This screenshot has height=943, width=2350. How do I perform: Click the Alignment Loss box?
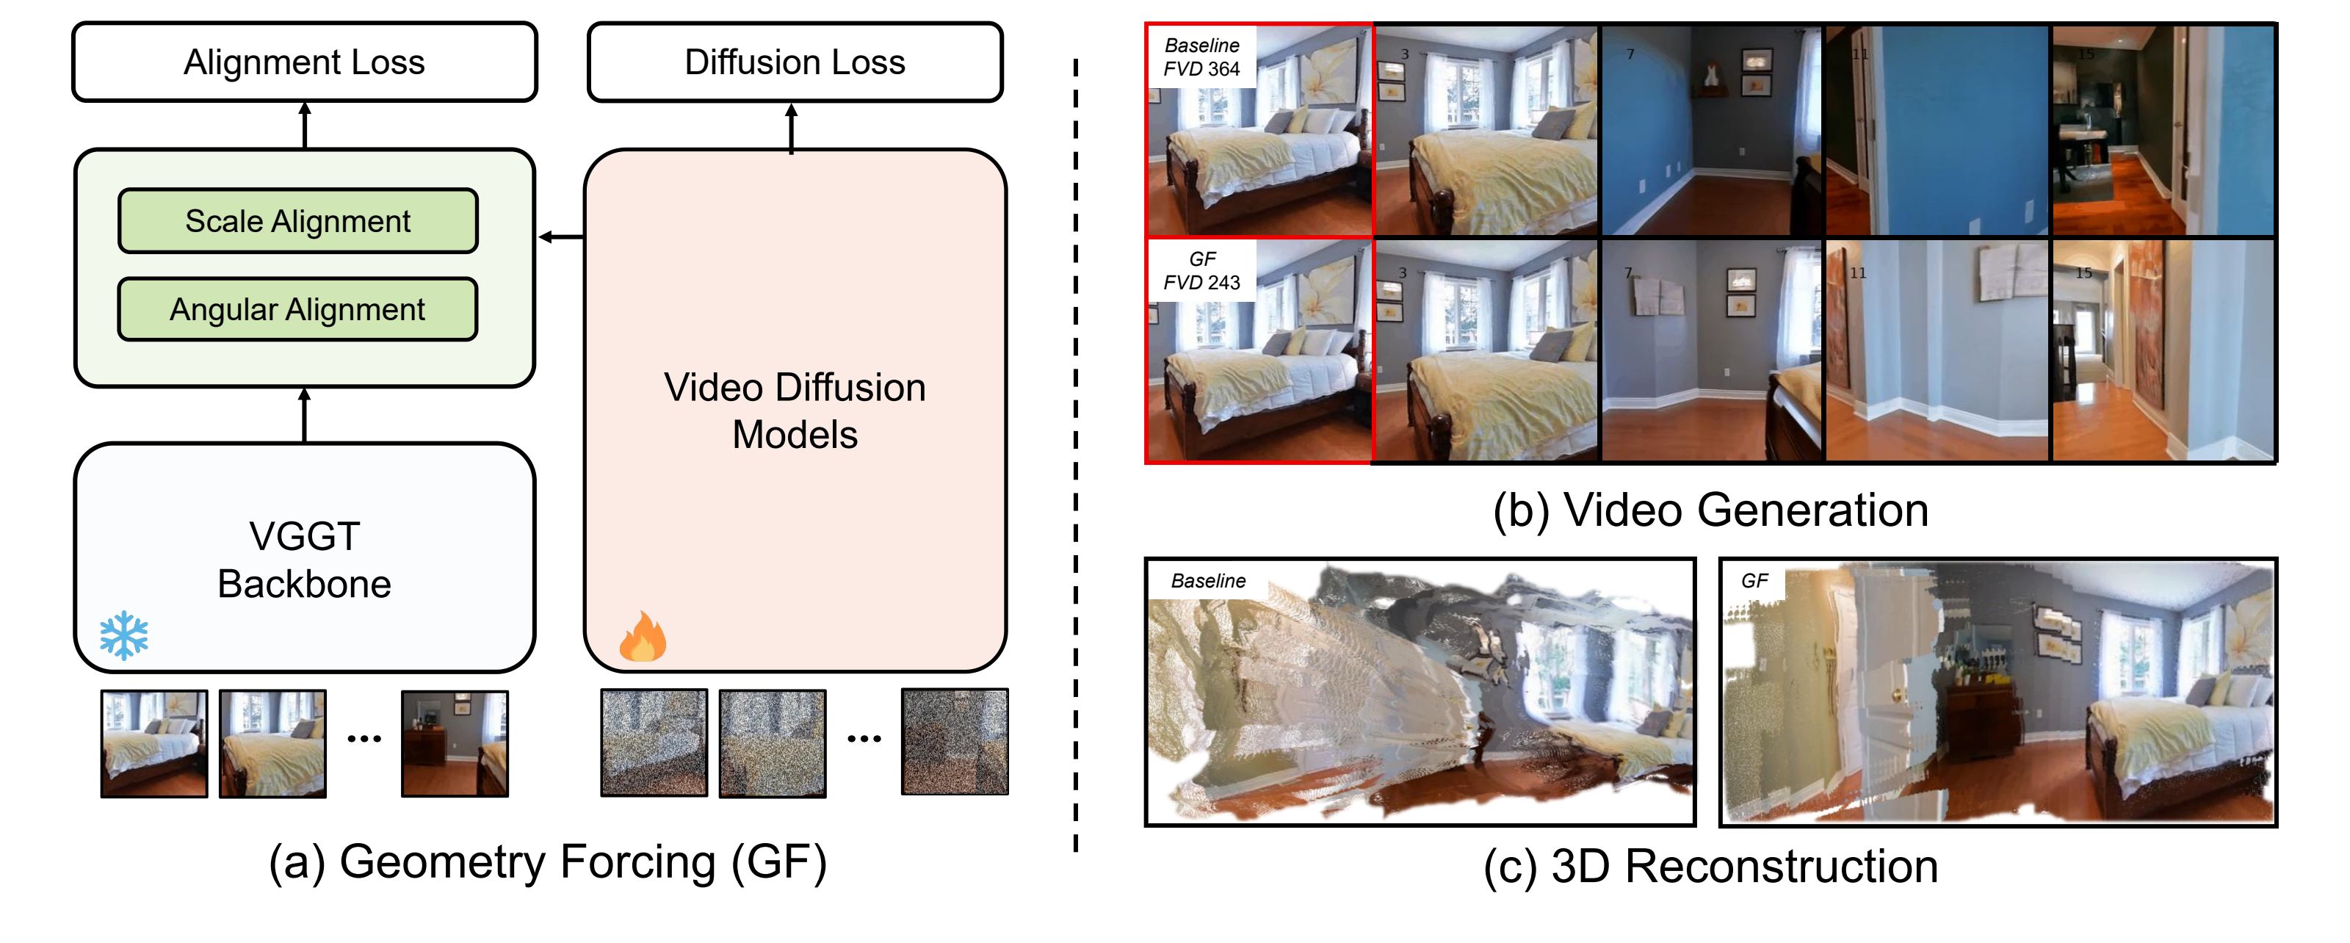coord(304,62)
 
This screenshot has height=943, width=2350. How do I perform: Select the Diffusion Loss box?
coord(794,62)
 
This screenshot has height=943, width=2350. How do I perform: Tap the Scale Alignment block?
coord(297,221)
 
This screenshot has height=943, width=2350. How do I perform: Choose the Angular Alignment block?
coord(297,309)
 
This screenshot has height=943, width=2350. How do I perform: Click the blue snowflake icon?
coord(124,636)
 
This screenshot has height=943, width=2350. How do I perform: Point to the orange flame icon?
coord(643,637)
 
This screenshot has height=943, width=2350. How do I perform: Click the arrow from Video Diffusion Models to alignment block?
coord(561,237)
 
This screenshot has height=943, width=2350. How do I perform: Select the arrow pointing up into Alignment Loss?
coord(305,125)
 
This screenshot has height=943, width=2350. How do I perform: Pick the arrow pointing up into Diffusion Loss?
coord(791,128)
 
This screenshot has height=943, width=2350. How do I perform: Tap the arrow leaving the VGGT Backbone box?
coord(305,416)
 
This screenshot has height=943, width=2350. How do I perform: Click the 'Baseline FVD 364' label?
coord(1201,57)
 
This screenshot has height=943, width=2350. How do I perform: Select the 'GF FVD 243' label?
coord(1201,271)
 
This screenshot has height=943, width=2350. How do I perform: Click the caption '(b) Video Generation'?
coord(1710,510)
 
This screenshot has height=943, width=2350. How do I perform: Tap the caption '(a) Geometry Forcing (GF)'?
coord(547,861)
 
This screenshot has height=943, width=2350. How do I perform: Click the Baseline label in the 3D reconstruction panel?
coord(1208,581)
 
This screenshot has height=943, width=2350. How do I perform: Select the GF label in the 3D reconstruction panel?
coord(1754,581)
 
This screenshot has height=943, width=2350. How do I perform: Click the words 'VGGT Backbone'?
coord(305,560)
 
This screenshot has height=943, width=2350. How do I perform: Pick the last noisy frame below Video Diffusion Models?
coord(954,743)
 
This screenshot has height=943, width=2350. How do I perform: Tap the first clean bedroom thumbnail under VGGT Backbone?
coord(154,743)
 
